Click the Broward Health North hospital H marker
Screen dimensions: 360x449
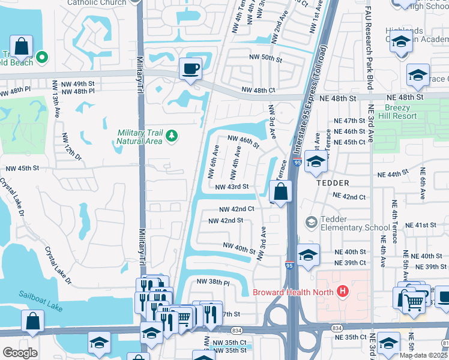point(343,292)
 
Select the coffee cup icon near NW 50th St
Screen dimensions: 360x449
point(190,68)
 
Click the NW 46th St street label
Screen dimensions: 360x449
point(243,142)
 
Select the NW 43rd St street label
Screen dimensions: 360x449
point(232,187)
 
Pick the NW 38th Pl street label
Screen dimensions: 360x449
point(214,281)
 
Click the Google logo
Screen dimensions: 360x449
point(20,353)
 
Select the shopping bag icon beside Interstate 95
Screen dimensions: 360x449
point(280,193)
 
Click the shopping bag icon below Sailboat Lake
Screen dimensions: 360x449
point(32,322)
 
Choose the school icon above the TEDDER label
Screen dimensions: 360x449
point(316,161)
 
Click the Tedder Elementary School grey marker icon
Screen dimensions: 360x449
point(311,223)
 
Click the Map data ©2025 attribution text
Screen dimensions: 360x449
point(423,355)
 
